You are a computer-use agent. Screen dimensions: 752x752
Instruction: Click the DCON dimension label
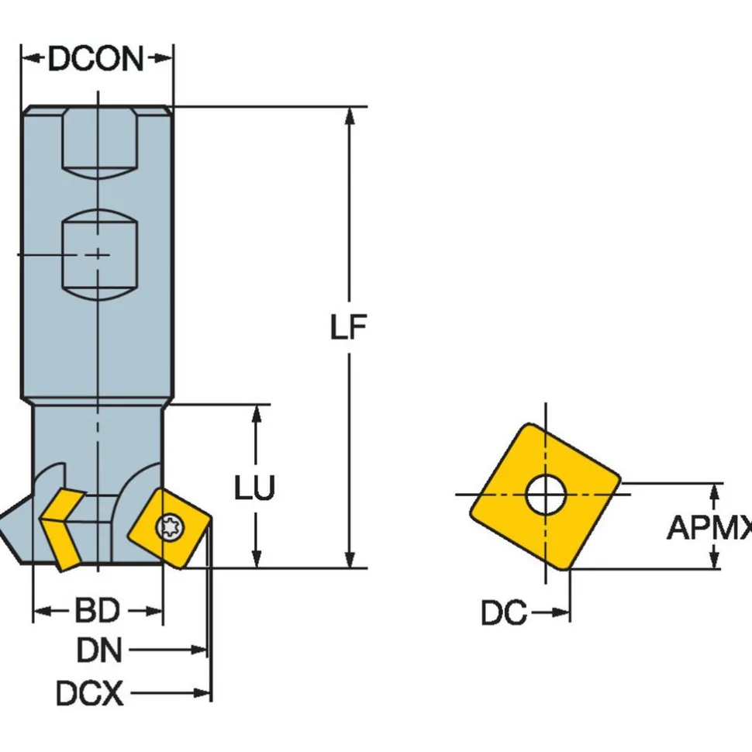(x=96, y=58)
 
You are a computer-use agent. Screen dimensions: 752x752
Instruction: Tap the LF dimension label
(x=349, y=327)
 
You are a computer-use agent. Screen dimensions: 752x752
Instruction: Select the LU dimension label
(x=254, y=488)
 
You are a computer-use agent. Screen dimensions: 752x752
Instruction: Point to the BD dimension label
(x=98, y=611)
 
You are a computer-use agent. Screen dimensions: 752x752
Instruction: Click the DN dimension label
(x=100, y=650)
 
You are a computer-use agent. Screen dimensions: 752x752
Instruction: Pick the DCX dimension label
(x=90, y=693)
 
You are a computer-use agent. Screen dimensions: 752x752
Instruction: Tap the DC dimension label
(x=504, y=612)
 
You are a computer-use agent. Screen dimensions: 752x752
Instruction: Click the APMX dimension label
(x=709, y=527)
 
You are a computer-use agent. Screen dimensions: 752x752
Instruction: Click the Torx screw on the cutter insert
(x=171, y=527)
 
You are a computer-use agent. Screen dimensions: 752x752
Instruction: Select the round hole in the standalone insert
(x=546, y=495)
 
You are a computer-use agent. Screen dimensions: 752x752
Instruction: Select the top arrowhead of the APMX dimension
(x=715, y=494)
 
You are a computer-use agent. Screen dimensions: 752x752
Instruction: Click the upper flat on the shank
(x=100, y=143)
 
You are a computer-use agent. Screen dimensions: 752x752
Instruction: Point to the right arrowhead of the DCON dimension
(x=162, y=58)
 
